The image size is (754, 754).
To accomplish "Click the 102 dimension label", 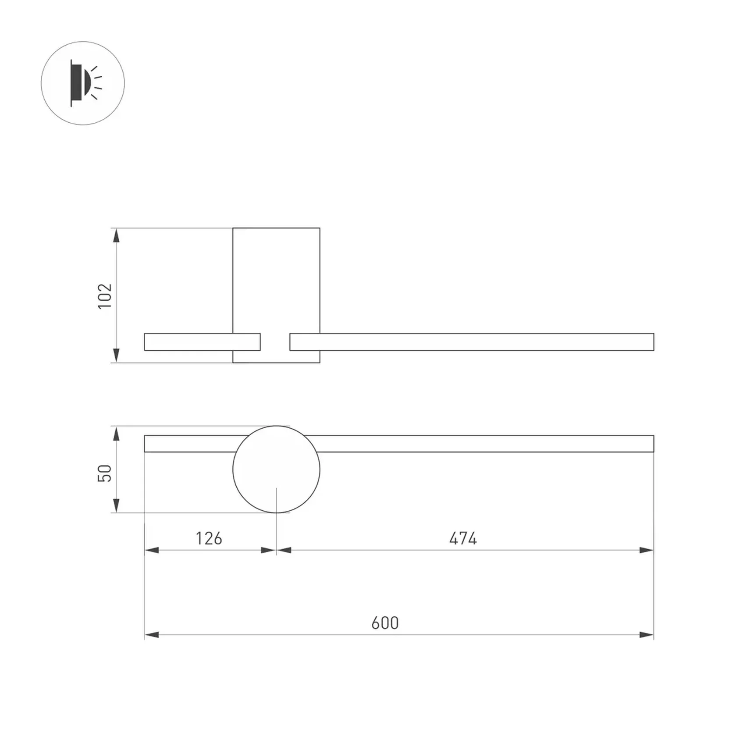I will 105,296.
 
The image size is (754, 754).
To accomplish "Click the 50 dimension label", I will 105,473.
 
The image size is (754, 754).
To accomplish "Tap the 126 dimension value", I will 209,538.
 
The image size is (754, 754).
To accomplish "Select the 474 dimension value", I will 463,538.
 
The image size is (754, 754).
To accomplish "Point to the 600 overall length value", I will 385,623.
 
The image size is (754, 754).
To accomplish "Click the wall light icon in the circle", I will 83,83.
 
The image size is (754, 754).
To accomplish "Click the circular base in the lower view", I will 276,469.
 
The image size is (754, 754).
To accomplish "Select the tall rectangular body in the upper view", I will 276,281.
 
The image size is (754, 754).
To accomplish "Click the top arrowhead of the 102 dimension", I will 116,236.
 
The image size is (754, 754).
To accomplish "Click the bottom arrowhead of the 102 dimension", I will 116,355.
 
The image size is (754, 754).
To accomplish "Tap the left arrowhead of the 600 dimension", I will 152,635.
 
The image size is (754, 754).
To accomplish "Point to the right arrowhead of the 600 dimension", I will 646,635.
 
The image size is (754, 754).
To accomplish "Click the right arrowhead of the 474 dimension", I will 646,550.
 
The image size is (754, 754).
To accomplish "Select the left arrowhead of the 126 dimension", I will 152,550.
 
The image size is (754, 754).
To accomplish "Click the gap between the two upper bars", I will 275,342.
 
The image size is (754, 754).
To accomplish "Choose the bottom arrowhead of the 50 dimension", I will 116,505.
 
